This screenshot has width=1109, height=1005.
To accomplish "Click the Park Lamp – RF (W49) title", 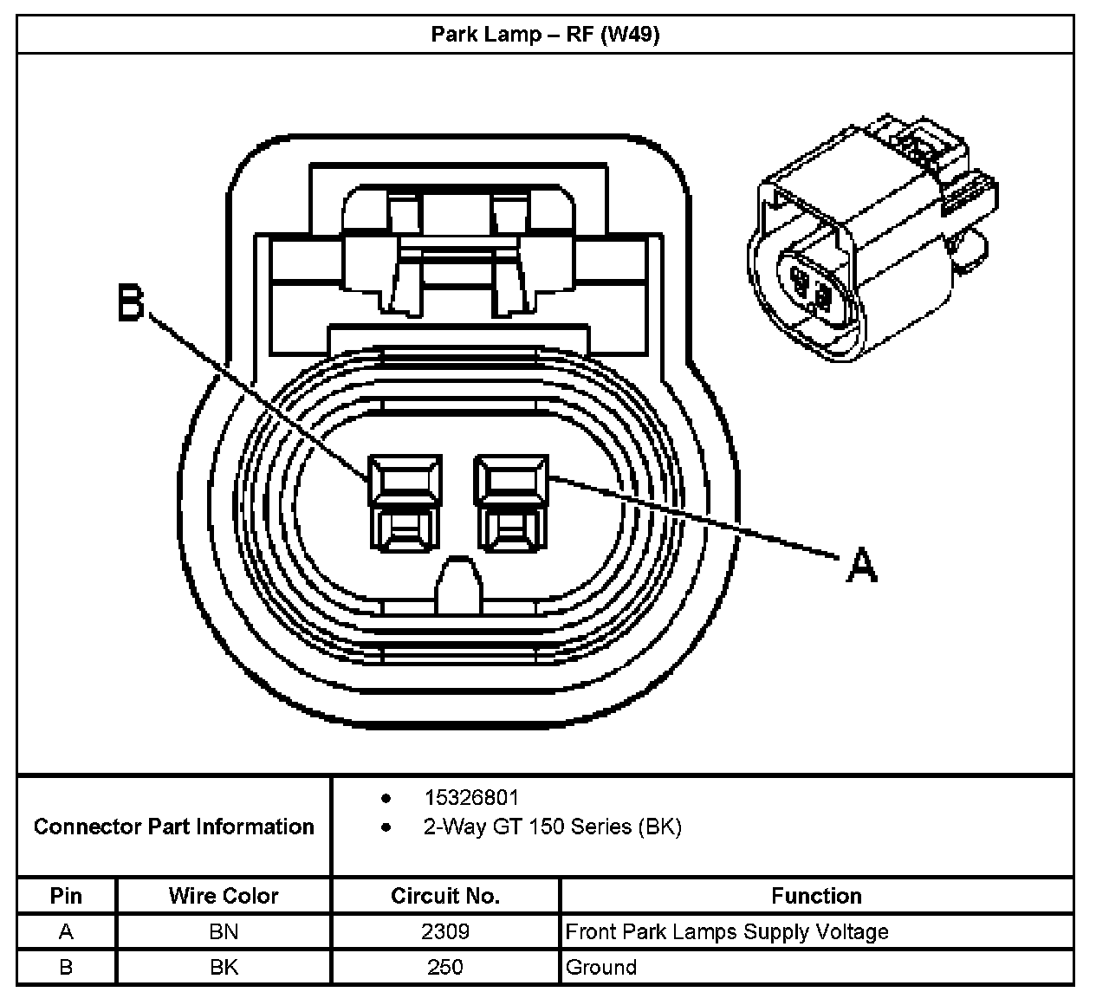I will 545,36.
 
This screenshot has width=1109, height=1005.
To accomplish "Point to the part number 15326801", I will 471,797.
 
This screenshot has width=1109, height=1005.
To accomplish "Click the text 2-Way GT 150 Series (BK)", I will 552,827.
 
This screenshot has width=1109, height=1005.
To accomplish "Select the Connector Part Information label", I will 174,827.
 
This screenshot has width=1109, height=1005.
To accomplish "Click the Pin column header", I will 66,896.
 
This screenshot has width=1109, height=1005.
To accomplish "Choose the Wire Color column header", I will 224,896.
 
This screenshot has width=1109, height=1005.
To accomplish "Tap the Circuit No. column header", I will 445,896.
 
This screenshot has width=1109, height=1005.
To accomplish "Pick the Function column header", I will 816,896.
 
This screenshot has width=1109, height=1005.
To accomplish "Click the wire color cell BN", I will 224,932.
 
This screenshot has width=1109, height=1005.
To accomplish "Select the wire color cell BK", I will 224,967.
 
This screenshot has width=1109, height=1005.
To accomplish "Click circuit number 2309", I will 445,932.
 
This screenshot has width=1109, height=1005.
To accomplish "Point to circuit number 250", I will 445,967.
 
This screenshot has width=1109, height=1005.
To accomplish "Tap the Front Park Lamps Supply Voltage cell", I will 727,932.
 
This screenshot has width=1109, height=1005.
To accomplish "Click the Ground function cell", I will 601,967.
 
